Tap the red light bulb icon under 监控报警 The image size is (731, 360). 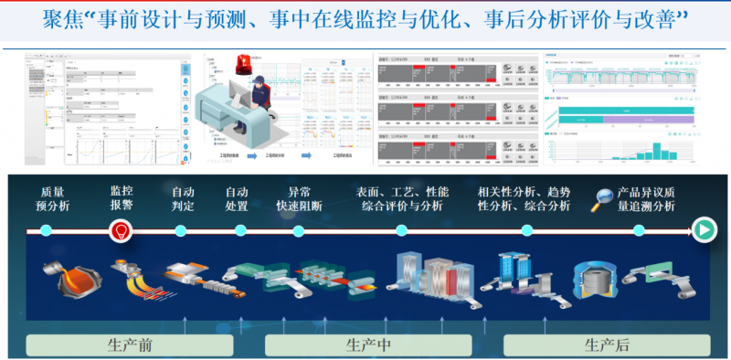point(118,232)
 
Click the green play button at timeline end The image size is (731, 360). point(704,230)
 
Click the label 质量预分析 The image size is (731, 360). point(52,199)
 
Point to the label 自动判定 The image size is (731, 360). point(184,199)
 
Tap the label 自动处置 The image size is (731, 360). point(238,199)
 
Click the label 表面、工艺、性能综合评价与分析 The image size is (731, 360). point(402,199)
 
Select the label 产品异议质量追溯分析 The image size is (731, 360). point(646,199)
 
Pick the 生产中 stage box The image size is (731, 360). point(367,344)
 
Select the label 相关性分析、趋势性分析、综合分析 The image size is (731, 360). point(524,199)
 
